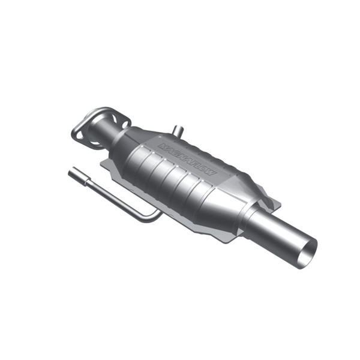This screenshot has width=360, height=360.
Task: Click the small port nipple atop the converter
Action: pyautogui.click(x=178, y=130)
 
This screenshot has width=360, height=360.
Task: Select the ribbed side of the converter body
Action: pyautogui.click(x=174, y=180)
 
